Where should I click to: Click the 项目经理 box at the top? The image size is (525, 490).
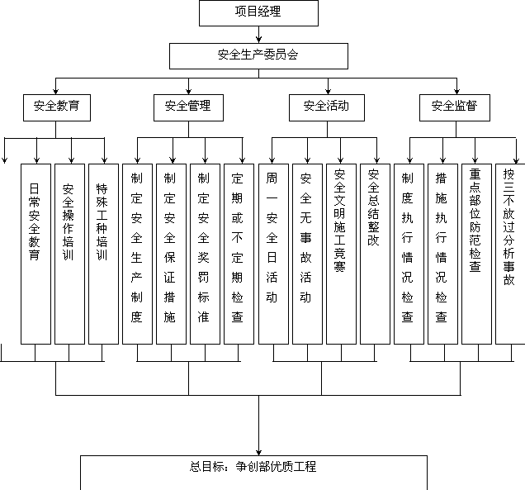[x=258, y=12]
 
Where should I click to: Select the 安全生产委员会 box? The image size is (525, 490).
[x=258, y=55]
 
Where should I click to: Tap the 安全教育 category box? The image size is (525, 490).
[x=57, y=107]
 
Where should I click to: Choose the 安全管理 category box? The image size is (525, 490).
[x=188, y=107]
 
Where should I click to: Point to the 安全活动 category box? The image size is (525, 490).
[x=326, y=107]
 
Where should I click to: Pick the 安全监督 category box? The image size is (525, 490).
[x=454, y=107]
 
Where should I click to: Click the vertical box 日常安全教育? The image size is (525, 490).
[x=35, y=254]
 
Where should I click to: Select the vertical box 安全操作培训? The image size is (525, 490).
[x=69, y=254]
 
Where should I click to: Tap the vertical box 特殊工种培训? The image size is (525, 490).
[x=102, y=254]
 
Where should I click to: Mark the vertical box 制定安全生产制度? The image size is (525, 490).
[x=136, y=254]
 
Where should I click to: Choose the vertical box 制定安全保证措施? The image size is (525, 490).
[x=170, y=254]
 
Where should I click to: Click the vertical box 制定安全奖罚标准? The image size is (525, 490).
[x=205, y=254]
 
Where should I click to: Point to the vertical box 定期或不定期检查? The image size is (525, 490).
[x=239, y=254]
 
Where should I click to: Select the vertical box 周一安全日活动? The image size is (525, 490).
[x=272, y=254]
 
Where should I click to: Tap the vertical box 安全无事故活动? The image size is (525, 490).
[x=306, y=254]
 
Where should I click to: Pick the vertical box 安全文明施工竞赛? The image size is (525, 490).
[x=340, y=254]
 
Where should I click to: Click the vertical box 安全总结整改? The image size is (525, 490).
[x=374, y=254]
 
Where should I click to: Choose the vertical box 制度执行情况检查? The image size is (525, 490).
[x=408, y=254]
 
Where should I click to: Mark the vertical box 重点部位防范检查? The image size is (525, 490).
[x=475, y=254]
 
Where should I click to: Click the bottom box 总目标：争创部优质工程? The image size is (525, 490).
[x=253, y=472]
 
